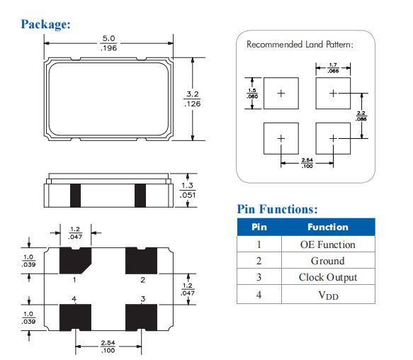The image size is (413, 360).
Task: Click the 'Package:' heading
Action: pyautogui.click(x=45, y=24)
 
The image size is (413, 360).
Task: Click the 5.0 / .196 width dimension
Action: pyautogui.click(x=108, y=43)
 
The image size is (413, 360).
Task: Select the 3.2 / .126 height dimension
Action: pyautogui.click(x=192, y=99)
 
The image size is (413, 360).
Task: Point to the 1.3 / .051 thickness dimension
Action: pyautogui.click(x=187, y=191)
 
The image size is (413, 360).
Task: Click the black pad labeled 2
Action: pyautogui.click(x=141, y=261)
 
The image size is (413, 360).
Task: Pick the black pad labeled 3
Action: pyautogui.click(x=141, y=317)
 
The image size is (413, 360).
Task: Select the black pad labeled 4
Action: pyautogui.click(x=75, y=317)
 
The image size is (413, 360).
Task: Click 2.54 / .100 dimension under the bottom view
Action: pyautogui.click(x=108, y=347)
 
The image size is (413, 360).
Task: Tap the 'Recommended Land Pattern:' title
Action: pyautogui.click(x=300, y=44)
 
